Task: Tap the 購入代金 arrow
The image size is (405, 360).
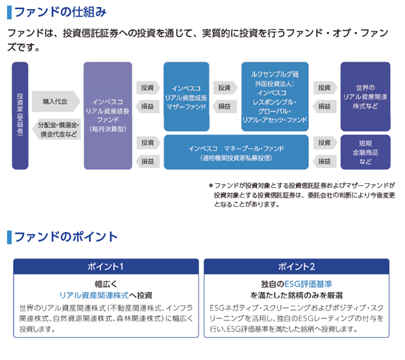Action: point(55,101)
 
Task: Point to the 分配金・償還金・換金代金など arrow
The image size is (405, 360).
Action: point(56,129)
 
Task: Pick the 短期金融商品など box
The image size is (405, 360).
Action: point(365,151)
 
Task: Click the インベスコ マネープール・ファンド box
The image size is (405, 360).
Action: point(235,152)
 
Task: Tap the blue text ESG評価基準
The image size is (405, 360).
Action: point(308,283)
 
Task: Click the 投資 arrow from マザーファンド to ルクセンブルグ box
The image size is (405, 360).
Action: point(224,87)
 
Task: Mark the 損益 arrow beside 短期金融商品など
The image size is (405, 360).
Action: point(324,161)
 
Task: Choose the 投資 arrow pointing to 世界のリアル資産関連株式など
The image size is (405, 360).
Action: point(324,87)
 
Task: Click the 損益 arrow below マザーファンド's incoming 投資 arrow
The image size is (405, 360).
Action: point(147,106)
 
